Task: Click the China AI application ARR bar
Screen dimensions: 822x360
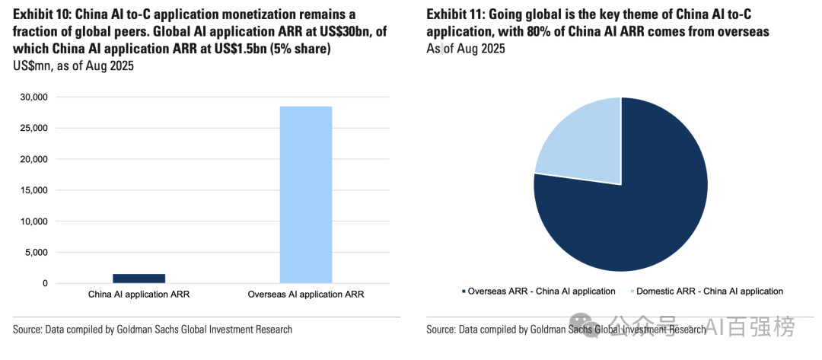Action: pyautogui.click(x=139, y=279)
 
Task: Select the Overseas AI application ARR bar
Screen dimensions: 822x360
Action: pyautogui.click(x=306, y=195)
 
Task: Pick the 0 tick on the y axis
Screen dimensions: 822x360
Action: pyautogui.click(x=45, y=283)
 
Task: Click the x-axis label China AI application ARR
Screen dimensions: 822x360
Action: pyautogui.click(x=139, y=295)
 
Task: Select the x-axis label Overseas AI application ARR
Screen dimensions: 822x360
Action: pyautogui.click(x=306, y=295)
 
